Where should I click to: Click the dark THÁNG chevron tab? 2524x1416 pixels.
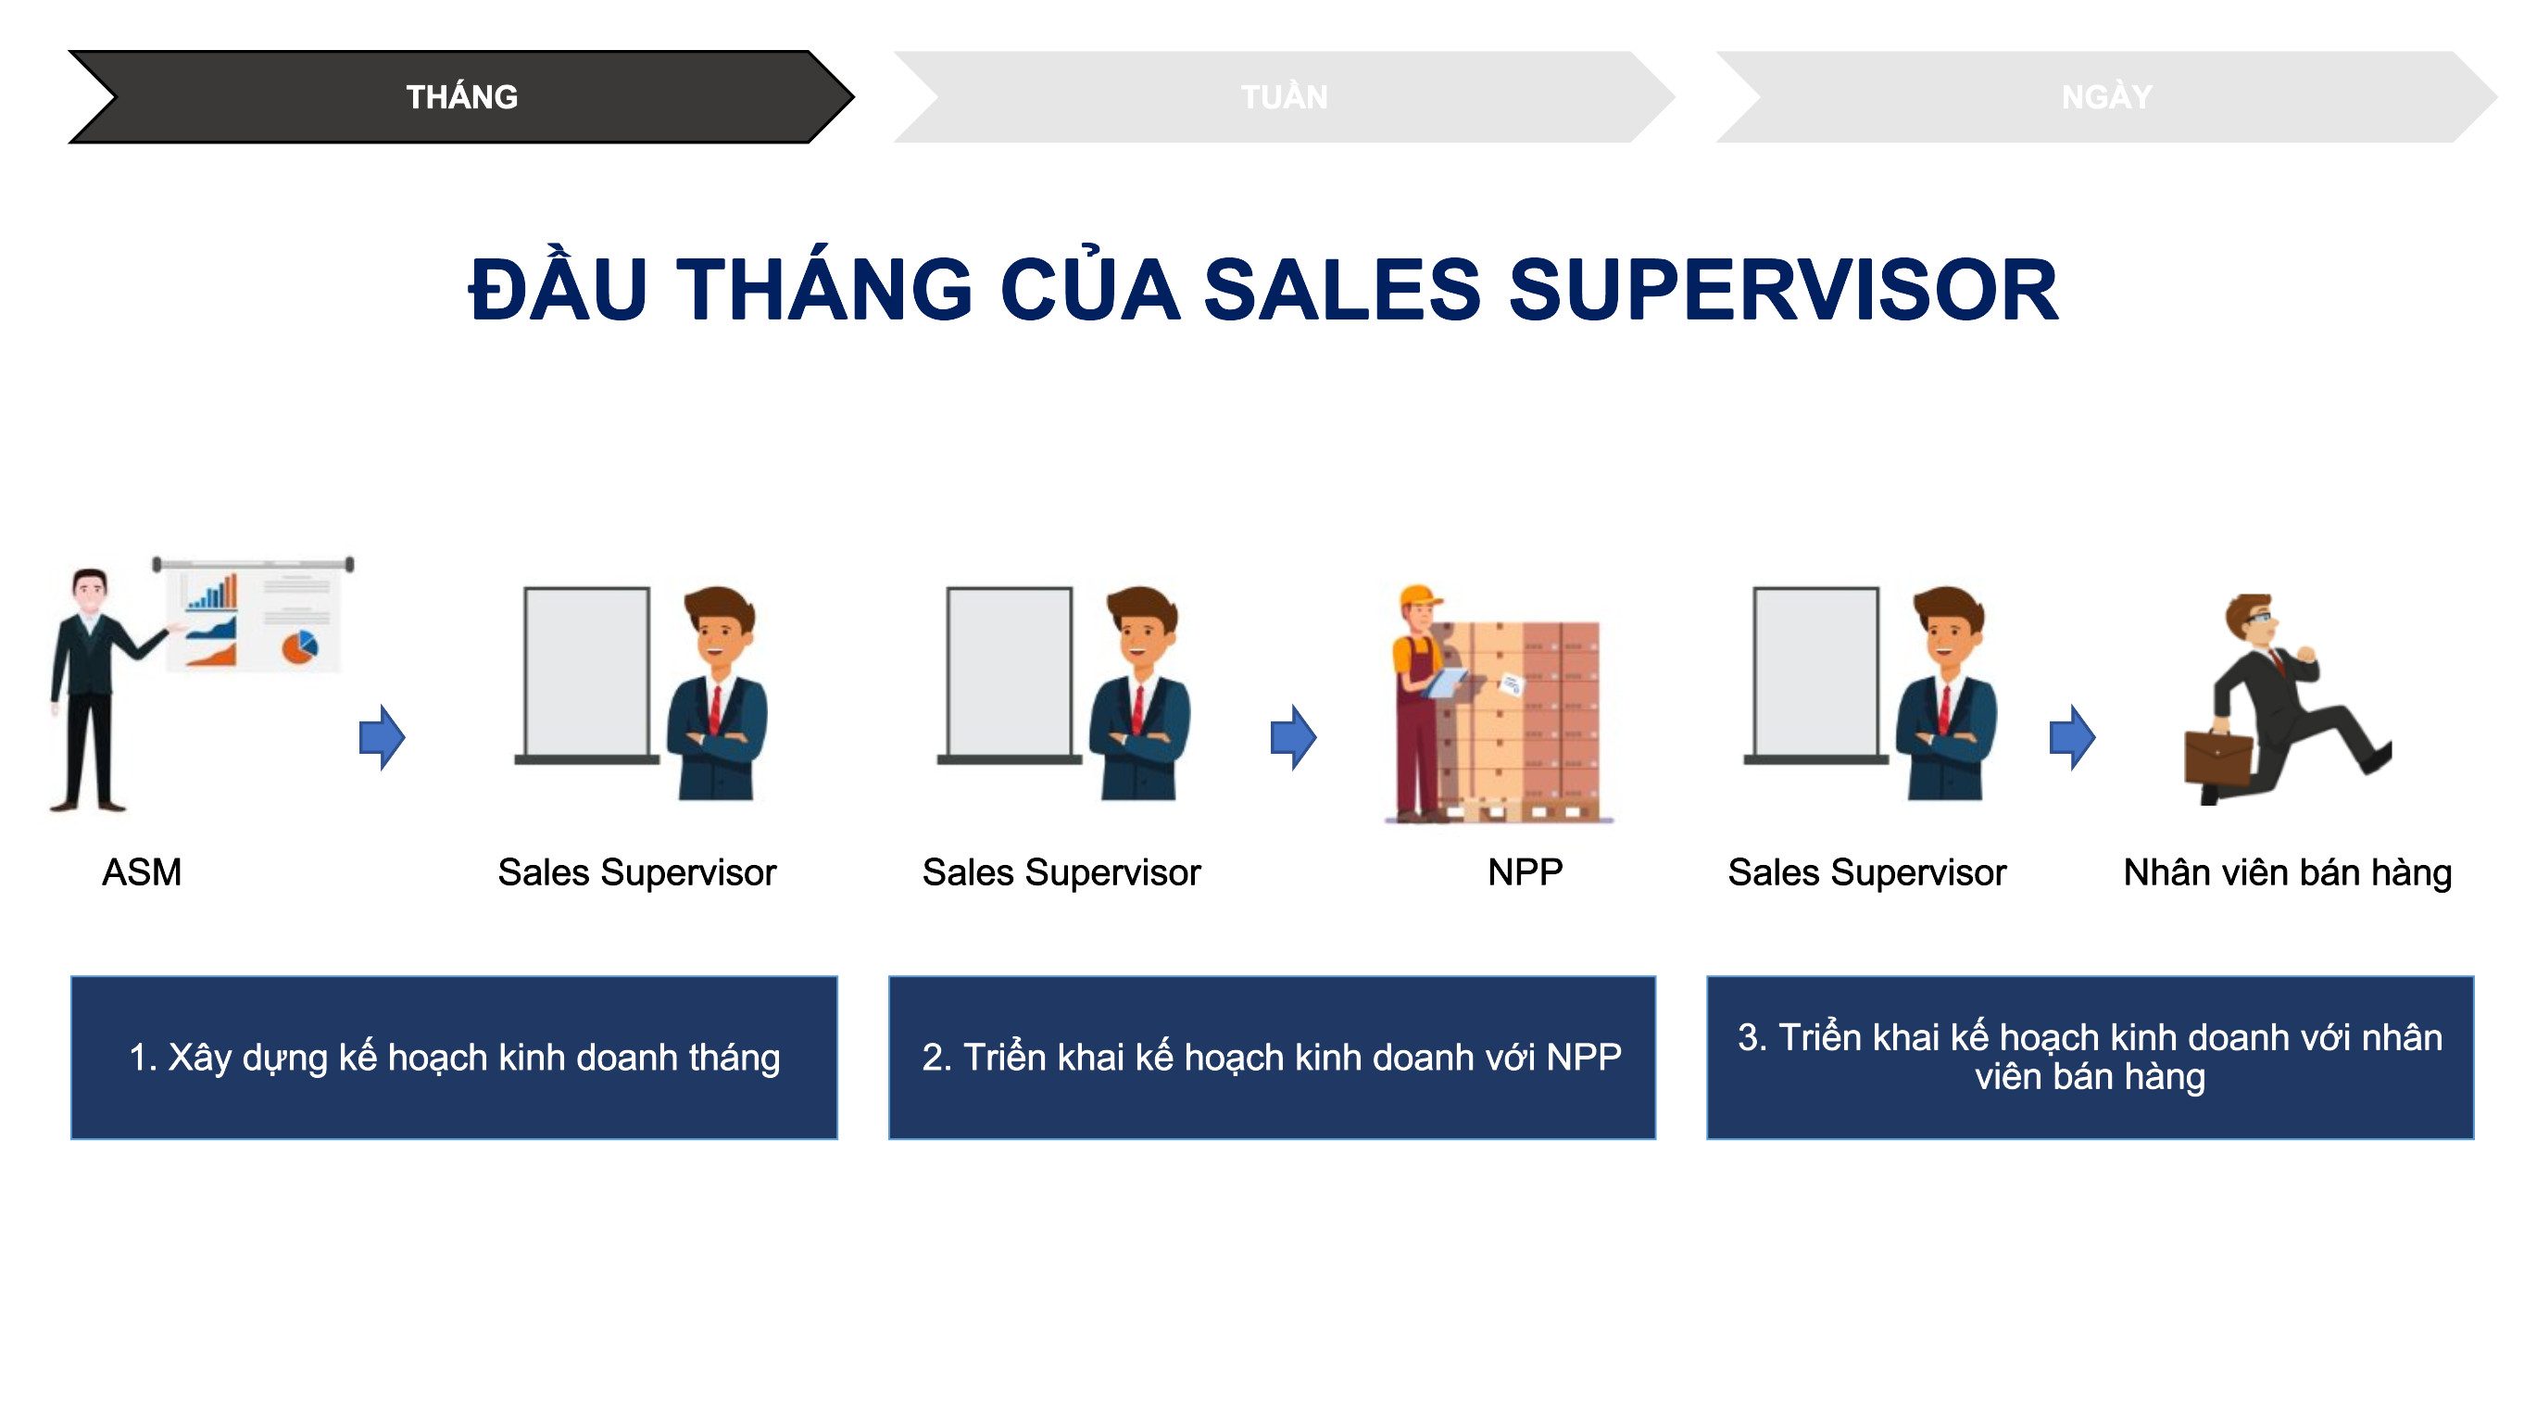point(460,97)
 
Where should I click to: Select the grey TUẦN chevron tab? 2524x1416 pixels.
point(1284,97)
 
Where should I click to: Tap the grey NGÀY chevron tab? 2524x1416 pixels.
point(2106,97)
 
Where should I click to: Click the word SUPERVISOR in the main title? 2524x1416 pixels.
point(1783,290)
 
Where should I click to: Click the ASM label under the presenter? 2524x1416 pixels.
point(142,872)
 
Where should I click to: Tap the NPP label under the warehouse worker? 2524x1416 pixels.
point(1525,872)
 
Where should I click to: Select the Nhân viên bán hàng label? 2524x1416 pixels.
point(2287,872)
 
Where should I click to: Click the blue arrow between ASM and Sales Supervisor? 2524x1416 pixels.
point(383,737)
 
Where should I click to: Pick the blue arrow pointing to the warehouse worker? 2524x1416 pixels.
point(1293,737)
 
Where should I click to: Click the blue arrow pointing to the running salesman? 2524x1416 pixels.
point(2072,737)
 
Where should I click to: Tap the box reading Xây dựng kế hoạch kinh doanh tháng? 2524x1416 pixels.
point(454,1058)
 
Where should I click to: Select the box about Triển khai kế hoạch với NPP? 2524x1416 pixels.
point(1272,1058)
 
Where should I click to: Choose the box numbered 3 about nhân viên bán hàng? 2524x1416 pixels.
point(2090,1058)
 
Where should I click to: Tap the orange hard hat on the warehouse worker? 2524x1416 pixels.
point(1420,596)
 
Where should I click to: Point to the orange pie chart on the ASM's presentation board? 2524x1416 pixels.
point(300,646)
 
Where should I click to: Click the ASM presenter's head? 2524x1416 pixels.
point(89,591)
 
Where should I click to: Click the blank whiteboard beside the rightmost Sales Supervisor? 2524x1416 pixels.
point(1815,672)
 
